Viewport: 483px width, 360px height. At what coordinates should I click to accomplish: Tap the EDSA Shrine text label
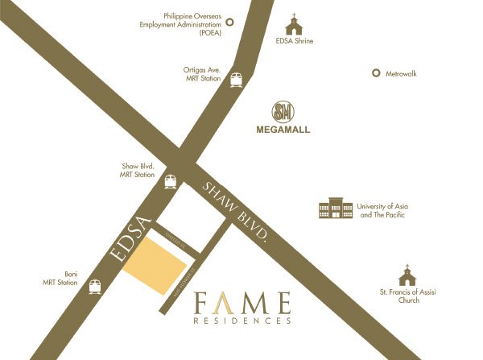click(x=295, y=40)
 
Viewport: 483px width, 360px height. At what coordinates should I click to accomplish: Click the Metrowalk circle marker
click(x=375, y=73)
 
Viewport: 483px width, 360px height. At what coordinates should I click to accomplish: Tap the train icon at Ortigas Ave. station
click(x=236, y=80)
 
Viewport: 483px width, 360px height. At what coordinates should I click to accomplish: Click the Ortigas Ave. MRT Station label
click(x=202, y=75)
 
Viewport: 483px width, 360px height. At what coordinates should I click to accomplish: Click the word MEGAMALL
click(x=283, y=129)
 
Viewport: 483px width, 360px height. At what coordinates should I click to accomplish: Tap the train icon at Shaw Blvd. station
click(x=170, y=180)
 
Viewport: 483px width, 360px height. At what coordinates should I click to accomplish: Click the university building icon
click(x=336, y=209)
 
